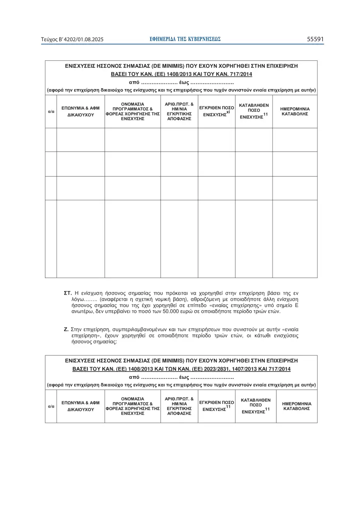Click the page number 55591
(x=315, y=39)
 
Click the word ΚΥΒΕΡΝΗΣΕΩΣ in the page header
(x=204, y=39)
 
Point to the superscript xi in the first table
(x=228, y=112)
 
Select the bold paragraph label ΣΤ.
(x=68, y=293)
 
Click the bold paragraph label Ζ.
(x=66, y=330)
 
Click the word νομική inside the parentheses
(x=155, y=300)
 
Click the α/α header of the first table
(x=51, y=112)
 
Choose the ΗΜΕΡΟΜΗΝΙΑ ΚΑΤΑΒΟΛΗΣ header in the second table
(x=297, y=406)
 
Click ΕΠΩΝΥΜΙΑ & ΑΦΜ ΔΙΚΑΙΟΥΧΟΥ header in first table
(x=80, y=112)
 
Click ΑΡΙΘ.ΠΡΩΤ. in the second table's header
(x=179, y=399)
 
